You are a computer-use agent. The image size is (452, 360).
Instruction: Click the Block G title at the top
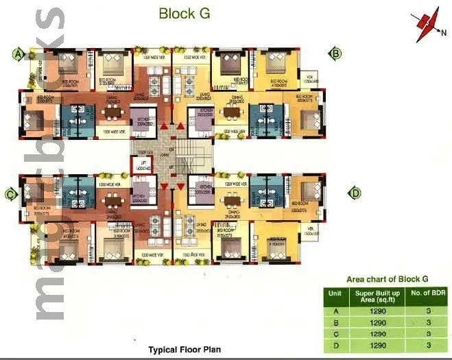pos(184,12)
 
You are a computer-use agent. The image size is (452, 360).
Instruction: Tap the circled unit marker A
pos(19,53)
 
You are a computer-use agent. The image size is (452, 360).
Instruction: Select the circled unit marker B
pos(336,53)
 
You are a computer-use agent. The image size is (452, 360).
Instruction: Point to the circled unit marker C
pos(11,194)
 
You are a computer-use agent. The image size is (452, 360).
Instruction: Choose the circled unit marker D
pos(355,193)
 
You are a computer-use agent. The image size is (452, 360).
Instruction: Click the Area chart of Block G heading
pos(387,278)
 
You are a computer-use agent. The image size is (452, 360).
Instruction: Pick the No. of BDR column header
pos(431,296)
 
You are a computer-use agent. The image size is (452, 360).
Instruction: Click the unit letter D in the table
pos(336,344)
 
